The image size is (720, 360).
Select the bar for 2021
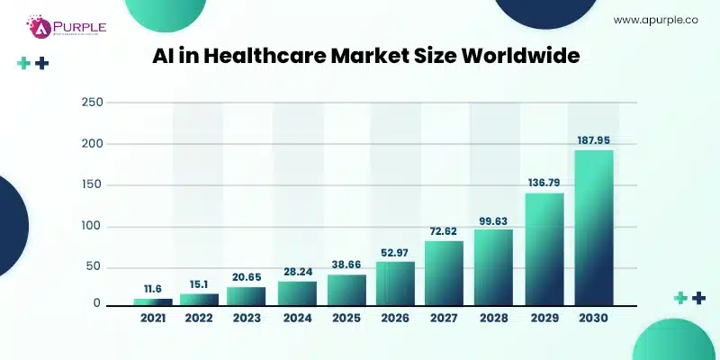click(152, 301)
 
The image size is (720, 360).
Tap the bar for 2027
click(444, 273)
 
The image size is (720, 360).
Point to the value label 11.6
click(152, 287)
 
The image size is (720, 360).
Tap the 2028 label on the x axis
click(494, 318)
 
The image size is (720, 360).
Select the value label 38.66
click(347, 261)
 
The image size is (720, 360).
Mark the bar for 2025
click(346, 289)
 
